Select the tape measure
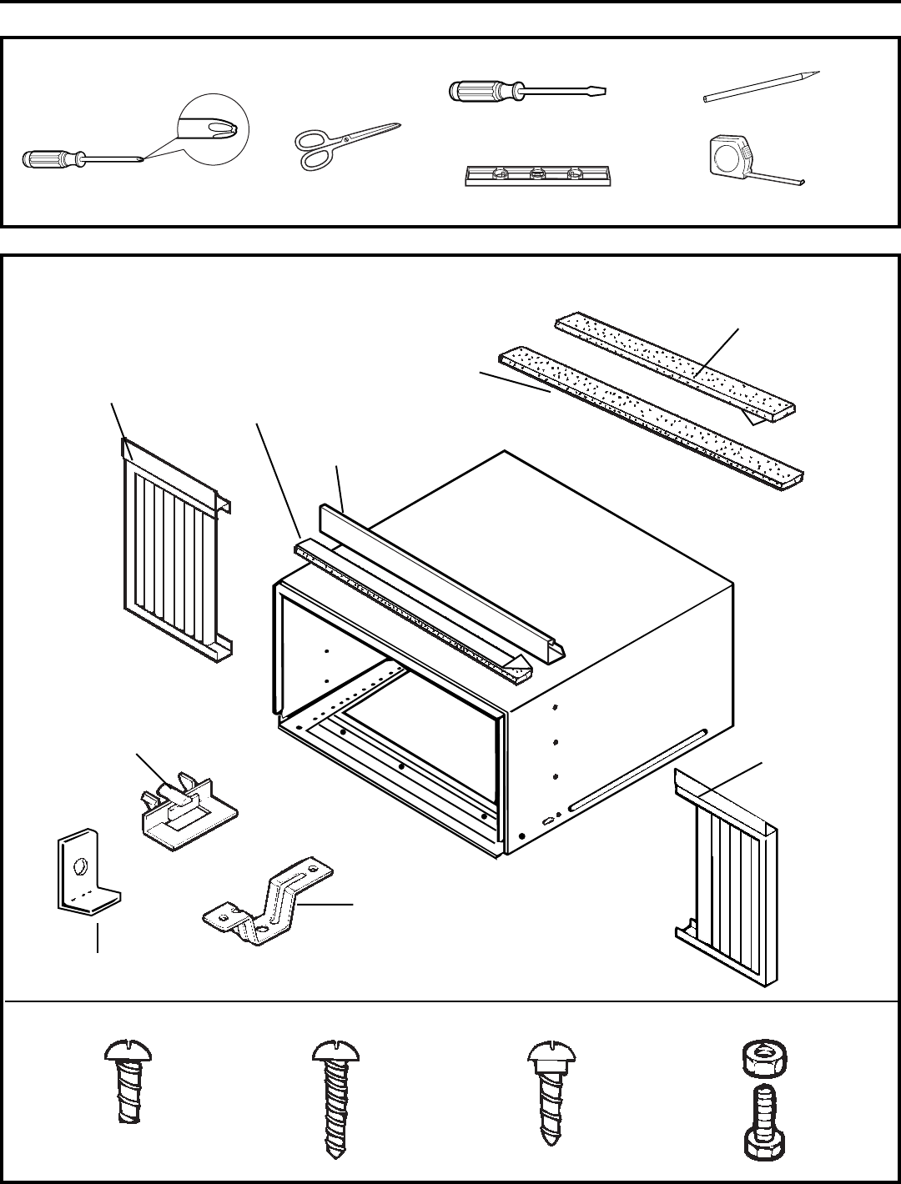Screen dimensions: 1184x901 click(731, 156)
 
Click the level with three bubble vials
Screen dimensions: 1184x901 click(538, 176)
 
